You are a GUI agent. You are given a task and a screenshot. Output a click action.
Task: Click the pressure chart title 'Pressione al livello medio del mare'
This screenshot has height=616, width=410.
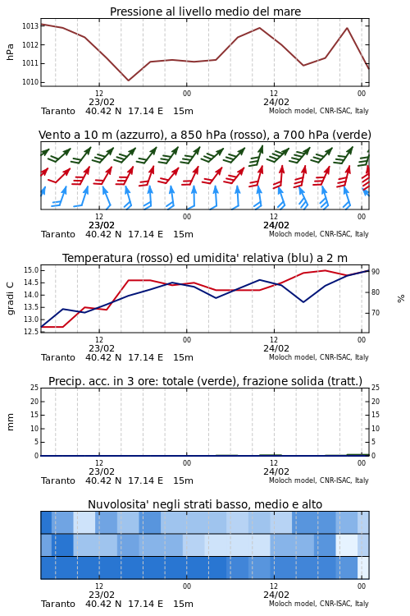tap(205, 11)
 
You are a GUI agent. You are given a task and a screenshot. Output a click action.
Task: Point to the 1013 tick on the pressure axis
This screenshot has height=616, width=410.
tap(30, 26)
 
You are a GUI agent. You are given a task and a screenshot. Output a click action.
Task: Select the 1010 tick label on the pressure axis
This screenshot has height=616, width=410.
tap(30, 82)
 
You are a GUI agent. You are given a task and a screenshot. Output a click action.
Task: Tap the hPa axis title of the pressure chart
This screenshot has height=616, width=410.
tap(10, 52)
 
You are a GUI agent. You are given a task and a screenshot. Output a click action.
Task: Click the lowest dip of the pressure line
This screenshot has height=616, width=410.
tap(128, 80)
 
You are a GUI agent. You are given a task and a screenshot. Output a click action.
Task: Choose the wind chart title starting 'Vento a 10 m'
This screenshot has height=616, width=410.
tap(205, 135)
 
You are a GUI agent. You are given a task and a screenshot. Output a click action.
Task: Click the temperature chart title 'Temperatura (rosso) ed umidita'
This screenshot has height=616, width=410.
tap(205, 258)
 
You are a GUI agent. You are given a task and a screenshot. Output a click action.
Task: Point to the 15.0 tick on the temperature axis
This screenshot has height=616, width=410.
tap(31, 270)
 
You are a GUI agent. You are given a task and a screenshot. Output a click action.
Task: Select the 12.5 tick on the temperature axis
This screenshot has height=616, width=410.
tap(31, 332)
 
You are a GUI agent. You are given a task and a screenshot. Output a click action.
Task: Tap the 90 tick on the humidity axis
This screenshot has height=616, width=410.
tap(376, 272)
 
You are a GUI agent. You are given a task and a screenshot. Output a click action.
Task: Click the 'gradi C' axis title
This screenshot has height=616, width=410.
tap(10, 299)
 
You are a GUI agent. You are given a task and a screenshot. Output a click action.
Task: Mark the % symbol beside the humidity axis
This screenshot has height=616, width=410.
tap(401, 299)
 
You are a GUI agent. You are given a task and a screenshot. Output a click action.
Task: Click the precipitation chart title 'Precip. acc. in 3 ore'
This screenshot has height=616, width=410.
tap(205, 381)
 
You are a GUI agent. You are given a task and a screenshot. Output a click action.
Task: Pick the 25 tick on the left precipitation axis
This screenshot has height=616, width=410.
tap(34, 388)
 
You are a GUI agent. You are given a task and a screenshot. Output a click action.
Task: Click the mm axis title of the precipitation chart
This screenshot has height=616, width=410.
tap(10, 422)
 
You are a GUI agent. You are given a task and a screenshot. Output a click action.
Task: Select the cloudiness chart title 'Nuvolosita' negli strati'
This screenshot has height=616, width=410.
tap(205, 504)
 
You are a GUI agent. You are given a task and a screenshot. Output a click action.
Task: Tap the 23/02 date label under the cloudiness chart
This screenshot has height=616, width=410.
tap(102, 595)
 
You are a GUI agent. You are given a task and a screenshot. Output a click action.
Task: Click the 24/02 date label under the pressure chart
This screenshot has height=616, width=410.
tap(276, 102)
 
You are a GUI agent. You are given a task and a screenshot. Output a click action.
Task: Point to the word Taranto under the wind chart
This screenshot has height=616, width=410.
tap(58, 234)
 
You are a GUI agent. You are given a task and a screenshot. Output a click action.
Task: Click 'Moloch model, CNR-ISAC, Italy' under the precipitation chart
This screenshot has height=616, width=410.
tap(319, 480)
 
